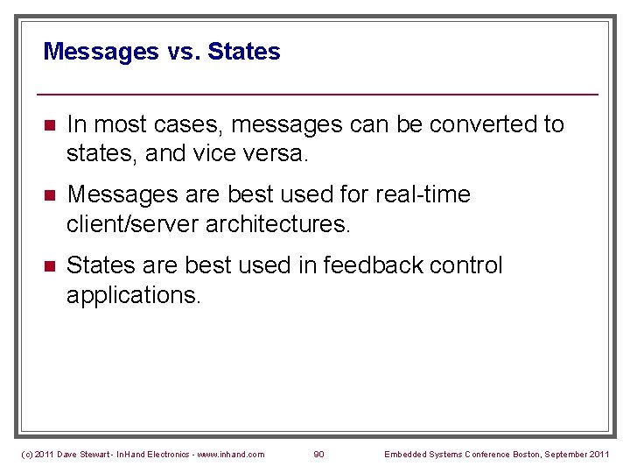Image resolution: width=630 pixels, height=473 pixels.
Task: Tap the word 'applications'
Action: pyautogui.click(x=132, y=294)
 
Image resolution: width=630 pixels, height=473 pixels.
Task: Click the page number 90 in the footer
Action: pyautogui.click(x=318, y=454)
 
